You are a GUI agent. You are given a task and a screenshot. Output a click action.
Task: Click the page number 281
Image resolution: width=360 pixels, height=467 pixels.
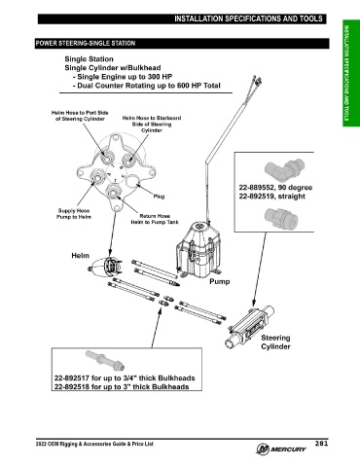pyautogui.click(x=321, y=444)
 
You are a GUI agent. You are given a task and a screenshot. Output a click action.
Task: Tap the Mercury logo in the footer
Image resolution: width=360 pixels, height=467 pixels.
pyautogui.click(x=281, y=449)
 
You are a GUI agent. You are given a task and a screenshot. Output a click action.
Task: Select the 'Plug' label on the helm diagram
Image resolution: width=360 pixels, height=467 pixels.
pyautogui.click(x=159, y=197)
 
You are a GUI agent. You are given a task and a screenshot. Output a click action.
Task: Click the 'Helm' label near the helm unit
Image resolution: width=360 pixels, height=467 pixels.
pyautogui.click(x=80, y=256)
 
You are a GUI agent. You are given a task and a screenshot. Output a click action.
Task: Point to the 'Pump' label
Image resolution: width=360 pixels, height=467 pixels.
pyautogui.click(x=220, y=281)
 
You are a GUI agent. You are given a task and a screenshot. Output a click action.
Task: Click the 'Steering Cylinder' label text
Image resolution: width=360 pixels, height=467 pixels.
pyautogui.click(x=275, y=342)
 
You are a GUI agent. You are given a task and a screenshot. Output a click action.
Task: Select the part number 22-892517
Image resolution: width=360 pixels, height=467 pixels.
pyautogui.click(x=72, y=378)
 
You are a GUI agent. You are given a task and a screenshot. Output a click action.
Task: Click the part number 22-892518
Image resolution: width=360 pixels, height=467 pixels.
pyautogui.click(x=72, y=386)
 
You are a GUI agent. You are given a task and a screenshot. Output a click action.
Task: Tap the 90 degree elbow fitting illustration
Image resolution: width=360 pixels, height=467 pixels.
pyautogui.click(x=284, y=168)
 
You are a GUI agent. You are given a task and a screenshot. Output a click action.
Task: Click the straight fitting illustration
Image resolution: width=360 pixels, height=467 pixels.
pyautogui.click(x=281, y=217)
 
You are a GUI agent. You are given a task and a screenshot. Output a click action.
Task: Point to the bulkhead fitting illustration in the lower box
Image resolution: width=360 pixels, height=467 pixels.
pyautogui.click(x=105, y=360)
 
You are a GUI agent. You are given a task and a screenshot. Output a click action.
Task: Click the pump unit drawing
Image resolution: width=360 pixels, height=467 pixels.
pyautogui.click(x=198, y=249)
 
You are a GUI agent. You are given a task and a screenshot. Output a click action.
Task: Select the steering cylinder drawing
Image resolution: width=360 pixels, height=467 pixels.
pyautogui.click(x=250, y=326)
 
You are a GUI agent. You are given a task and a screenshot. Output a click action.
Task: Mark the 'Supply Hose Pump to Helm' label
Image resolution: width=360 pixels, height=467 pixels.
pyautogui.click(x=74, y=214)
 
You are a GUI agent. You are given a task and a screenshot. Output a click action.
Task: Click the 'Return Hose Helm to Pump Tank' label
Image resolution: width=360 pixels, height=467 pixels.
pyautogui.click(x=155, y=219)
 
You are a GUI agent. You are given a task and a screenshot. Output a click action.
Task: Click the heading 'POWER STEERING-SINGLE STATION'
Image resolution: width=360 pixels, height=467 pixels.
pyautogui.click(x=86, y=44)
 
